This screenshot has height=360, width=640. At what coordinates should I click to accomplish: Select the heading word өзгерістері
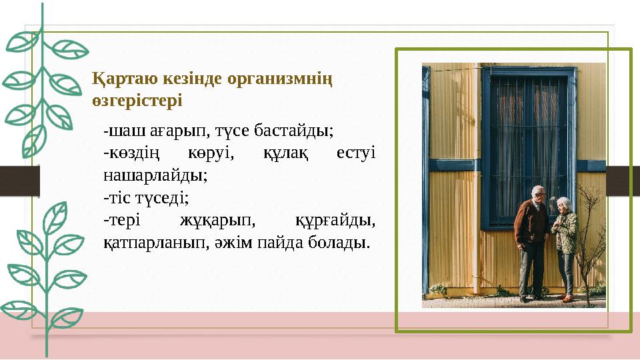(137, 101)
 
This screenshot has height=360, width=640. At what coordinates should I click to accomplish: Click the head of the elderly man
(538, 193)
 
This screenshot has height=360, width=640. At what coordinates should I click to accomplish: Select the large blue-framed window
(527, 147)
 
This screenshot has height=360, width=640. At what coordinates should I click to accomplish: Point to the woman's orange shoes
(567, 299)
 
